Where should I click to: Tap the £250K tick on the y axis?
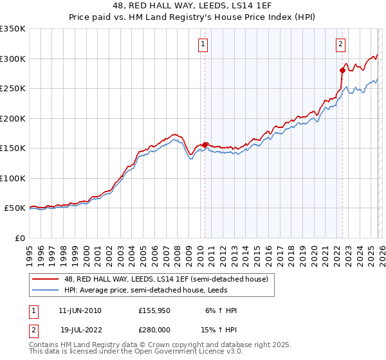13,89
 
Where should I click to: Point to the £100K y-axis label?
13,178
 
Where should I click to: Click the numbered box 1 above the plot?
203,44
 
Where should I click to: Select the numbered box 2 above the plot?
340,44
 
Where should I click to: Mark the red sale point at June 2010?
205,145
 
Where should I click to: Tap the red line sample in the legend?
46,279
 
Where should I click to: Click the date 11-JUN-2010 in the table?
80,310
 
